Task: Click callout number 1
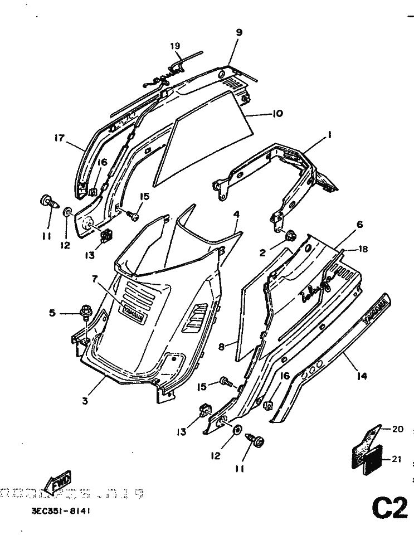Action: [329, 134]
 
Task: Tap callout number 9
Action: [239, 32]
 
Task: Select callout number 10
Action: [277, 114]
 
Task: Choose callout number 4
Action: [236, 214]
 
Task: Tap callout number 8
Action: [221, 346]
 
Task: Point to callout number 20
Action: [397, 429]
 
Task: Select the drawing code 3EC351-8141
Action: [57, 510]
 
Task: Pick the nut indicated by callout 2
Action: [290, 236]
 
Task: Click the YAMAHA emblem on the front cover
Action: [134, 314]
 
